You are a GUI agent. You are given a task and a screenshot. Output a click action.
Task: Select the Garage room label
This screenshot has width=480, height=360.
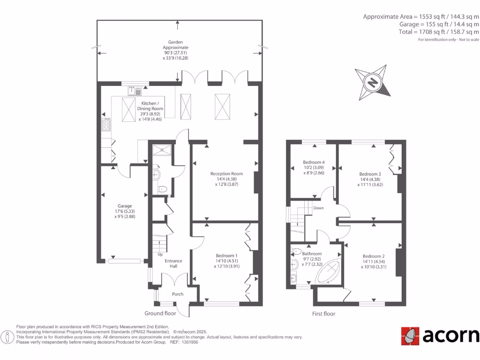125,211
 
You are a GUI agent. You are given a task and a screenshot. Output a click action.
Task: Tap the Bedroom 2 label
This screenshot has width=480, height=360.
374,261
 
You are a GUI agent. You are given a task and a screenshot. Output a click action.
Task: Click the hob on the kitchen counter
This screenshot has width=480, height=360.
107,125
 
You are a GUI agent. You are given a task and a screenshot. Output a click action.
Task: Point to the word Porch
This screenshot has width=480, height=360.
178,294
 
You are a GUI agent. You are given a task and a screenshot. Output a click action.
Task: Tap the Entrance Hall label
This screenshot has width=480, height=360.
173,263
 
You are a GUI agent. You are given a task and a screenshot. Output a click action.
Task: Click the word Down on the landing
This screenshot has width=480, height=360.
318,208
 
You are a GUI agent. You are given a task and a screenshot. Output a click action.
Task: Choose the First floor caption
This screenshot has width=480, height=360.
323,314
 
